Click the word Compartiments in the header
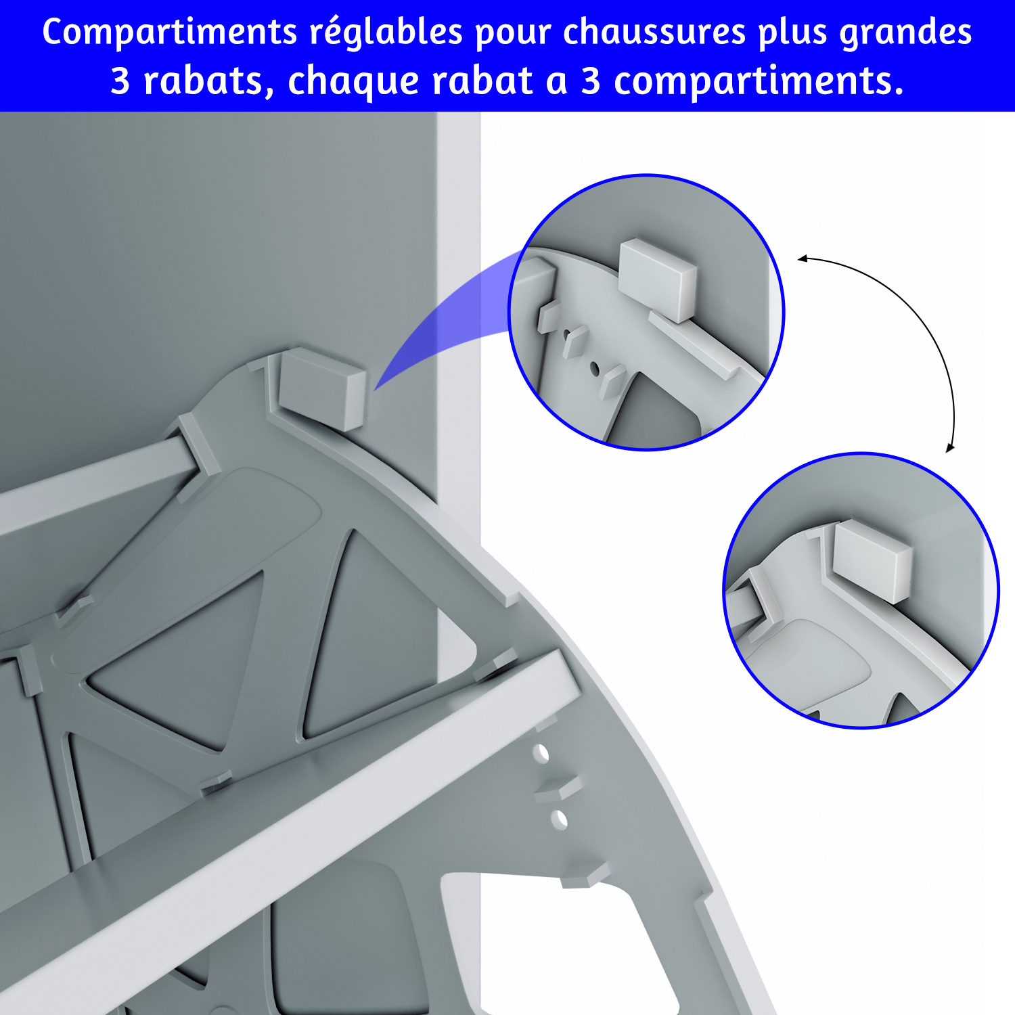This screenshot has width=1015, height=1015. (170, 32)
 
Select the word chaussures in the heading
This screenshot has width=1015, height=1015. (654, 31)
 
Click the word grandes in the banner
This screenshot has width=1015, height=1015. (905, 32)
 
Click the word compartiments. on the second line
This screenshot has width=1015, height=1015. (759, 82)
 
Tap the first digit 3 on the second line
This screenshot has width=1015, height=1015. (120, 81)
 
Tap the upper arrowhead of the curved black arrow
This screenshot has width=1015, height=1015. (803, 258)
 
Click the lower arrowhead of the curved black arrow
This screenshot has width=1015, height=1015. (950, 447)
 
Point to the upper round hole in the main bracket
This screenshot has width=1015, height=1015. (541, 753)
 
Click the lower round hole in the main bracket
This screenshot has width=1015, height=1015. (559, 819)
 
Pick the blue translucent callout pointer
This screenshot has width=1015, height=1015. (447, 318)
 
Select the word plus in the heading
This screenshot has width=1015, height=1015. (792, 32)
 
